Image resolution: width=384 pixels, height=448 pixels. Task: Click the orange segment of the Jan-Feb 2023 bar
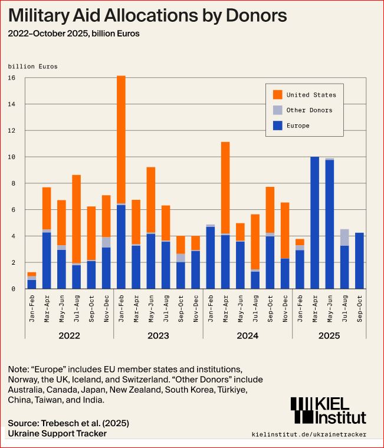point(121,139)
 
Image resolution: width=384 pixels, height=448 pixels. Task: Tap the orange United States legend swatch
point(277,94)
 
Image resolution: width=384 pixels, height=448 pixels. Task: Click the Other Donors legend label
point(309,110)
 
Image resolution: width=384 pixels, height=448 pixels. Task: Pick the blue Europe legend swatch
point(277,126)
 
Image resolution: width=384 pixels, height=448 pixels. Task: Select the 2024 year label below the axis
point(247,335)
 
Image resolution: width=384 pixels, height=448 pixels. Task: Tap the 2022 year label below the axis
point(69,335)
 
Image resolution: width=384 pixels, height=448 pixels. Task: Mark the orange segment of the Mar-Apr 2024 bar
point(225,187)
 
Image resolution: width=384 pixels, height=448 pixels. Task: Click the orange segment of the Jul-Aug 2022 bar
point(76,219)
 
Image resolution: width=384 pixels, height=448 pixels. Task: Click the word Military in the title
point(40,14)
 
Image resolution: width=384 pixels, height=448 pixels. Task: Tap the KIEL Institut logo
point(327,410)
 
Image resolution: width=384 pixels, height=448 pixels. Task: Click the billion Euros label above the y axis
point(32,67)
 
